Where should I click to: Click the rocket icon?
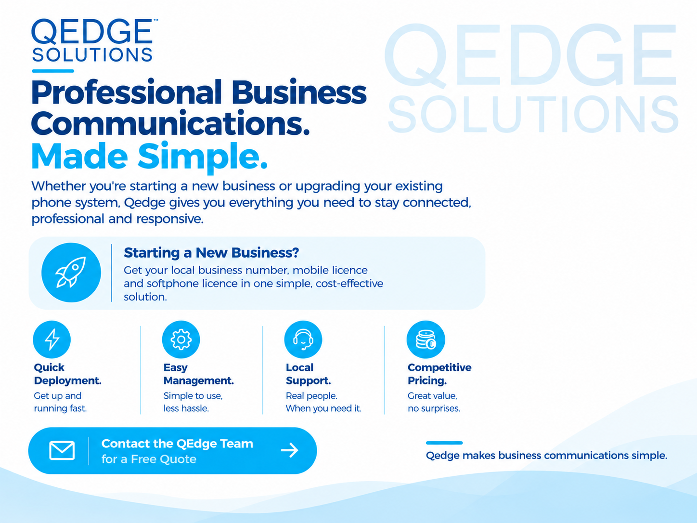(71, 272)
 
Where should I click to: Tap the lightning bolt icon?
(52, 339)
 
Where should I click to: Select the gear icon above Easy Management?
(181, 340)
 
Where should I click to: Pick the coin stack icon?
(426, 340)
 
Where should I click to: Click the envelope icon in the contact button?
(62, 450)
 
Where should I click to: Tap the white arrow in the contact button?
(290, 450)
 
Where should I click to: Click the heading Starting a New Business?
(211, 253)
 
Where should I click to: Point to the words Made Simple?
(149, 157)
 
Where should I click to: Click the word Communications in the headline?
(170, 123)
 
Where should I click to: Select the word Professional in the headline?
(127, 92)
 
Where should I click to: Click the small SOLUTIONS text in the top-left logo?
(92, 55)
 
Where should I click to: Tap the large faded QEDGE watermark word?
(530, 54)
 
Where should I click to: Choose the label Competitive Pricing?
(439, 374)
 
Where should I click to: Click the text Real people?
(311, 396)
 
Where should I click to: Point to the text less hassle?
(186, 408)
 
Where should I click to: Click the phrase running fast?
(60, 408)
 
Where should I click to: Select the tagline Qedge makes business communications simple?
(546, 456)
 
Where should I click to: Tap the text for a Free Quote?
(149, 459)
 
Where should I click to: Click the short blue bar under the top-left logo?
(53, 71)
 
